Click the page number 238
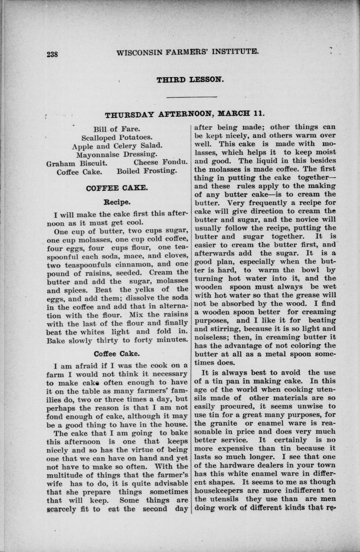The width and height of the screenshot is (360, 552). (x=52, y=54)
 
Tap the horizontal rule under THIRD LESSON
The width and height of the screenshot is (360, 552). (x=191, y=97)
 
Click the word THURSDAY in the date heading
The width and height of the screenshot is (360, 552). (x=129, y=115)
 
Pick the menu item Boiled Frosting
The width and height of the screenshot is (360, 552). (x=146, y=171)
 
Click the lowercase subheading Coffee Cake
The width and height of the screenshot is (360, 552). (x=117, y=354)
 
